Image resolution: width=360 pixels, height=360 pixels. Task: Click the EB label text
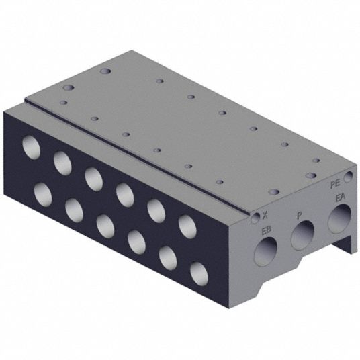point(267,230)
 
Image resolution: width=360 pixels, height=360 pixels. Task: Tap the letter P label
point(299,216)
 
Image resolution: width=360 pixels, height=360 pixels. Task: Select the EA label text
point(341,198)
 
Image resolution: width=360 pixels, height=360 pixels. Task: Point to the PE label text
point(334,185)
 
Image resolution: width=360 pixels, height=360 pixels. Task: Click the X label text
point(265,215)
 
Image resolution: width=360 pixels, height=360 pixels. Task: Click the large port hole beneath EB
point(265,251)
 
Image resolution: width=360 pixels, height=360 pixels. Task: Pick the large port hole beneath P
point(302,235)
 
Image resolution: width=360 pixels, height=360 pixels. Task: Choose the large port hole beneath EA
point(340,218)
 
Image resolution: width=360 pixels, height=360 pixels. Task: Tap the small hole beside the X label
point(255,218)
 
